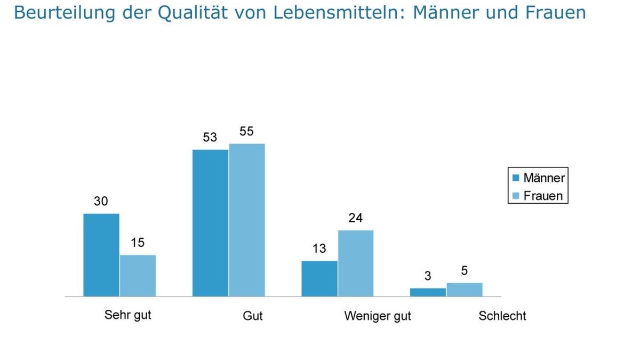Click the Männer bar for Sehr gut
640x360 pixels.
tap(101, 255)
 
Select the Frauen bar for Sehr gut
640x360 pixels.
tap(138, 276)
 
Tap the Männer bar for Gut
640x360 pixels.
tap(210, 223)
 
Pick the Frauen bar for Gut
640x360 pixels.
tap(247, 220)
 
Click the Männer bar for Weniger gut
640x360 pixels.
tap(319, 278)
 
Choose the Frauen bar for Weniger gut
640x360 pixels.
tap(356, 263)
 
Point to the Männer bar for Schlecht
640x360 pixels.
tap(428, 292)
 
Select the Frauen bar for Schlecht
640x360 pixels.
tap(465, 290)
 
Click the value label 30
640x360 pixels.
tap(101, 201)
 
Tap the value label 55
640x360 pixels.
tap(246, 131)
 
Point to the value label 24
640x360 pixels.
tap(355, 218)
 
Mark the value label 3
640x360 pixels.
tap(428, 276)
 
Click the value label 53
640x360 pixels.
tap(210, 137)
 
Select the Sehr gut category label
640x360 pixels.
tap(128, 315)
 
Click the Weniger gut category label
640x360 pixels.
tap(378, 316)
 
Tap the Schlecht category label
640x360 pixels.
tap(502, 316)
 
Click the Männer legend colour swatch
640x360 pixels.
tap(516, 178)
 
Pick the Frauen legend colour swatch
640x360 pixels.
tap(516, 196)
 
